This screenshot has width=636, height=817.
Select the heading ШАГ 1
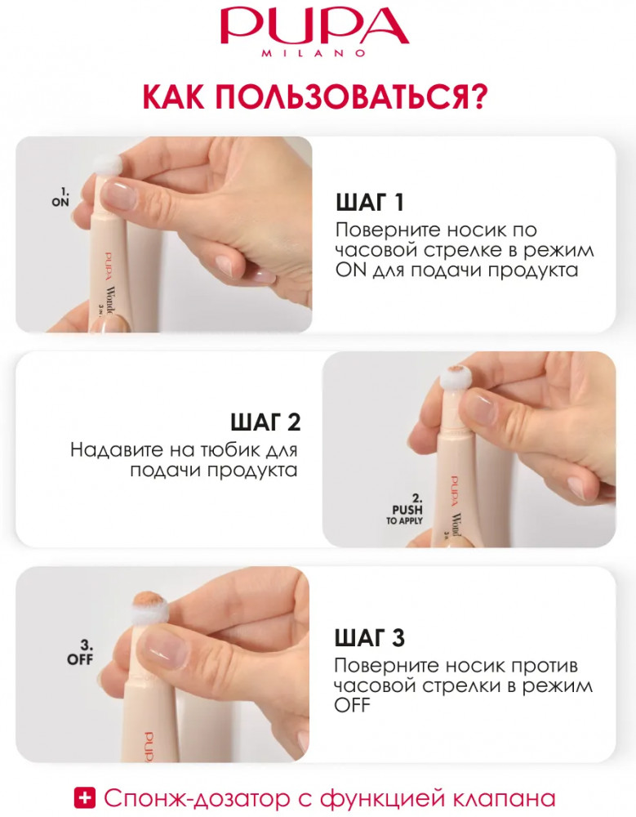370,203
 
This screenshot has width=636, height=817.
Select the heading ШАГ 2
265,422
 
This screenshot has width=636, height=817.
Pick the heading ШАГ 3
369,638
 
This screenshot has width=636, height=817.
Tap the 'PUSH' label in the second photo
407,510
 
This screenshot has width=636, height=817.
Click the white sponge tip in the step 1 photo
107,165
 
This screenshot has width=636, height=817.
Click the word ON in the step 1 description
350,270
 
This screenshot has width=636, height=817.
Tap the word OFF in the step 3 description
352,706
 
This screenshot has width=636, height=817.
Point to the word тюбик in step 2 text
221,449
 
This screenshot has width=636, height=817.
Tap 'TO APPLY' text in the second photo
405,520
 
